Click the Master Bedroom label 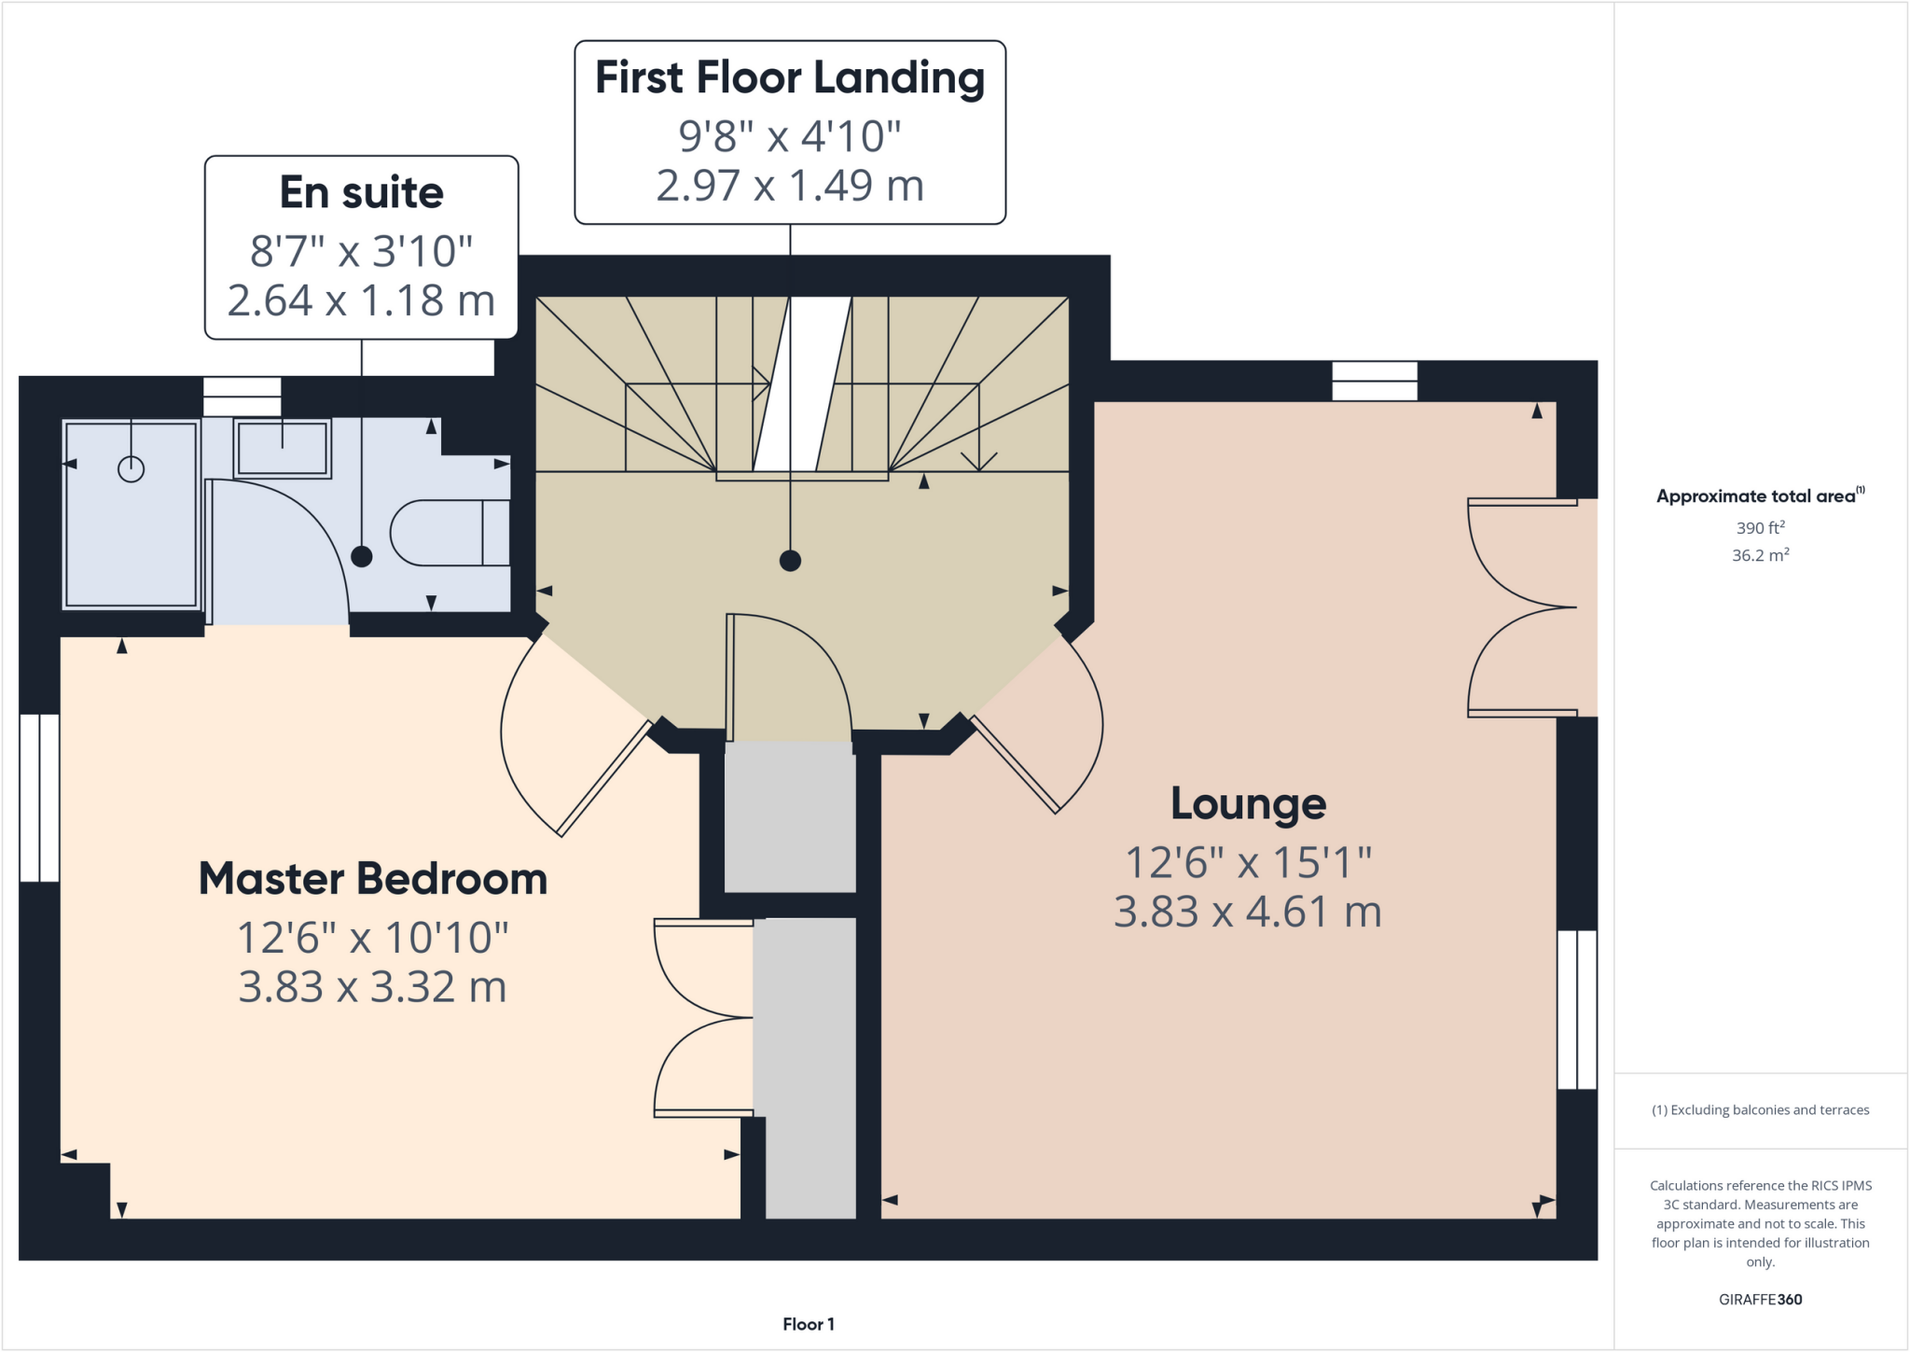pos(372,879)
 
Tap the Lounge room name pos(1248,803)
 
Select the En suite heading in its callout pos(362,193)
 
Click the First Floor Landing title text pos(789,77)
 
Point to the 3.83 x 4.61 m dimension pos(1248,912)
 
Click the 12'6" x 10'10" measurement pos(372,938)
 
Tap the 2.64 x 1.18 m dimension pos(362,300)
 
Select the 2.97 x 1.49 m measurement pos(789,186)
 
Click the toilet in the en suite pos(449,533)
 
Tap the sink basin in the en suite pos(283,449)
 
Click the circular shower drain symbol pos(131,468)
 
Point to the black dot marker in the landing pos(790,561)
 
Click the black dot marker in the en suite pos(362,557)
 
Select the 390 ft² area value pos(1760,528)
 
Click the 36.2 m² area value pos(1760,555)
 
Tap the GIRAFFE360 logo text pos(1760,1299)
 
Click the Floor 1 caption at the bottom pos(808,1324)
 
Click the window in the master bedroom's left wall pos(40,798)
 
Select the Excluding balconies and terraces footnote pos(1760,1110)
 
